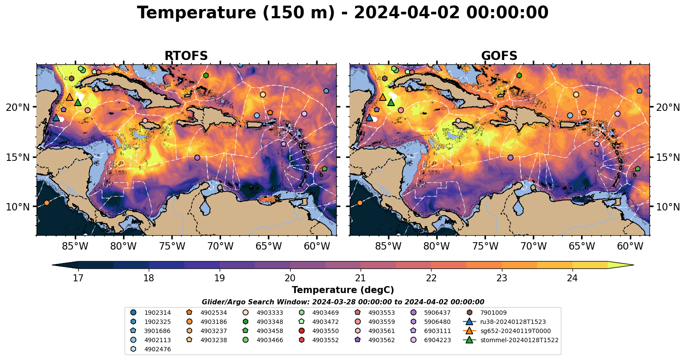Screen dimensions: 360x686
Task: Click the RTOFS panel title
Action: coord(186,56)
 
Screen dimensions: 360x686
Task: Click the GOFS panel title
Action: coord(499,56)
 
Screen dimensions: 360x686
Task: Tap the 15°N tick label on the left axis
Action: coord(18,157)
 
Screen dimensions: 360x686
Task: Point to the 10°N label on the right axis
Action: coord(668,207)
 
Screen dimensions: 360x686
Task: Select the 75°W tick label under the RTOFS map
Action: coord(172,247)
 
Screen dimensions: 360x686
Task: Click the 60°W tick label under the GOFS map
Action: coord(630,247)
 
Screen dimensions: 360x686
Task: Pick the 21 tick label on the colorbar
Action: coord(360,278)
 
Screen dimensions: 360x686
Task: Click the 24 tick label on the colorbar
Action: coord(572,278)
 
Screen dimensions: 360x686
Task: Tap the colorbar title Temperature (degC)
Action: coord(343,290)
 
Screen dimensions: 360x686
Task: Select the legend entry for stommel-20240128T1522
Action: coord(519,340)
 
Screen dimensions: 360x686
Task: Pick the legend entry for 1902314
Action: coord(157,313)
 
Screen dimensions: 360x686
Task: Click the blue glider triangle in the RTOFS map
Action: coord(56,117)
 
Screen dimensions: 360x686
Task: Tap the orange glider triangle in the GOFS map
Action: coord(383,97)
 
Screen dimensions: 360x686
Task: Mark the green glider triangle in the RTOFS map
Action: coord(78,102)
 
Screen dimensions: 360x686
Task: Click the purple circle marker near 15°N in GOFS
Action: coord(510,157)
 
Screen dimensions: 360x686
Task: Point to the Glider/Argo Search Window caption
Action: coord(343,302)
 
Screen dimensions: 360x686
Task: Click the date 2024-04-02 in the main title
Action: coord(407,13)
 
